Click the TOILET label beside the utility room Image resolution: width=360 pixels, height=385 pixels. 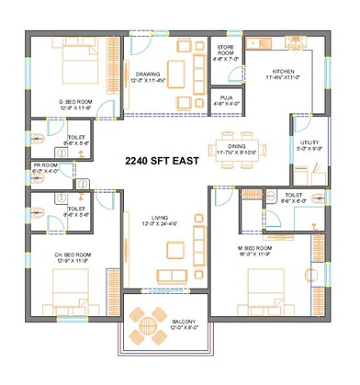click(294, 197)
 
